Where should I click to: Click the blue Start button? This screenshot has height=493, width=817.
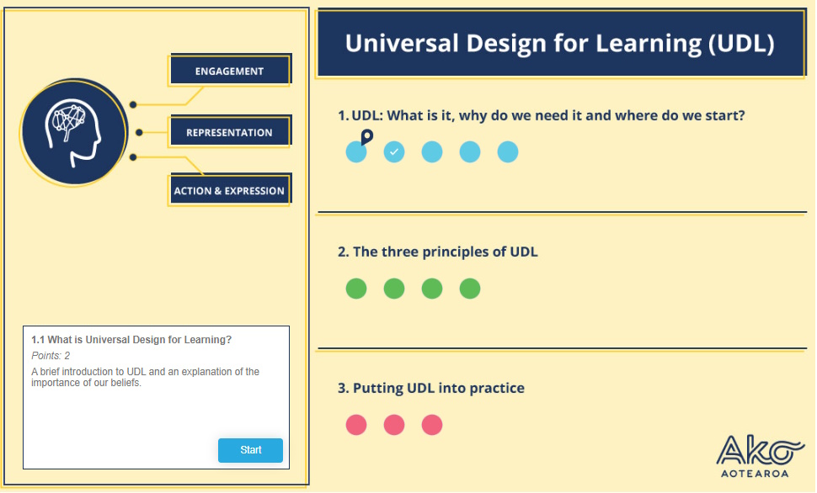pos(250,450)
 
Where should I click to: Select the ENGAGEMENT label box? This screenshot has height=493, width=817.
pos(230,71)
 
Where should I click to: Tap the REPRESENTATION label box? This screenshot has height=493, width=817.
pos(230,132)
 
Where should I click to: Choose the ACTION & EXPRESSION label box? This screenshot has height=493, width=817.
pos(230,190)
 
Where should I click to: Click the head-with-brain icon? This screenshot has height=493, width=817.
pos(73,133)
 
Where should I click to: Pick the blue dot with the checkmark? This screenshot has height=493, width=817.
pos(394,152)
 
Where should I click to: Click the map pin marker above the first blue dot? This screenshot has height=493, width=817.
pos(367,137)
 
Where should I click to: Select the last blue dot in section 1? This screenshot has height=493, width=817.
pos(508,152)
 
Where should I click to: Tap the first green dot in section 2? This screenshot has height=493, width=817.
pos(356,289)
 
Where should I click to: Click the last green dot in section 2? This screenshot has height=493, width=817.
pos(470,289)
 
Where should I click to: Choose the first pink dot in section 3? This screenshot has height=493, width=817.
pos(356,425)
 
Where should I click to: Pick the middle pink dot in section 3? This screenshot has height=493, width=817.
pos(394,425)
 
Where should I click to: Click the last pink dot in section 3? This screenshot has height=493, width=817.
pos(432,425)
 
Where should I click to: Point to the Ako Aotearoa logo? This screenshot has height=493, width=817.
pos(761,456)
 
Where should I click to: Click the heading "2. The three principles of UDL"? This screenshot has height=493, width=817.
pos(438,252)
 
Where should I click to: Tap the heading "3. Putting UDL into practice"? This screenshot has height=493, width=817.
pos(431,389)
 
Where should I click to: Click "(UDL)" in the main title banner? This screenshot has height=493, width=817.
pos(741,44)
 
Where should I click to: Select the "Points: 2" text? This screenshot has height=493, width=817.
pos(51,356)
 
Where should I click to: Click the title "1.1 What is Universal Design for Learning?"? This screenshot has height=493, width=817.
pos(131,339)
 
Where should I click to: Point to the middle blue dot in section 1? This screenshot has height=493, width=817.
pos(432,152)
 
